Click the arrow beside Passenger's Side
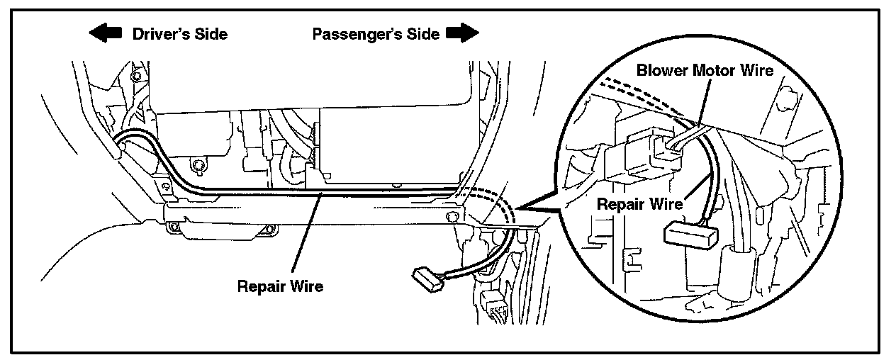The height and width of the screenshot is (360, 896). coord(462,33)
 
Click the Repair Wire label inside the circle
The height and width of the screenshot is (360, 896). coord(639,204)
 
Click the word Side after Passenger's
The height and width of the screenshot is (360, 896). coord(422,33)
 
